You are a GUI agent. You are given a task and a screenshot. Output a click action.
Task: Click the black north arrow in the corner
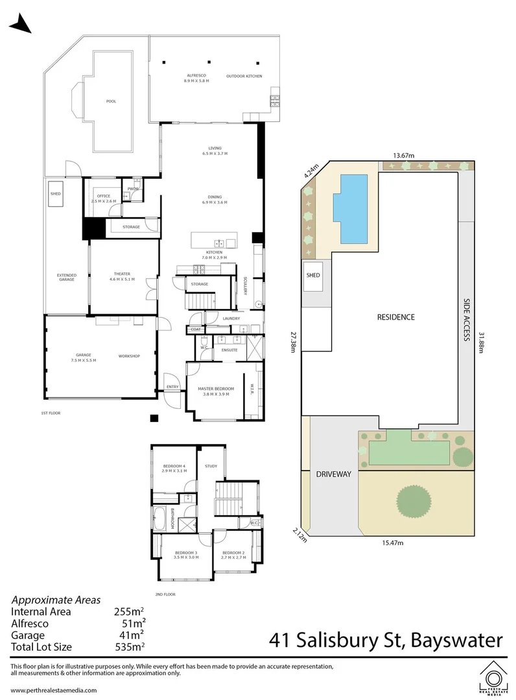pos(20,25)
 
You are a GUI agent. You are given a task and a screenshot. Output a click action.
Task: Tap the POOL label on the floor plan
pos(111,101)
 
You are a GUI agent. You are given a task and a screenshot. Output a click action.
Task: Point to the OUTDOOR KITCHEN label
pos(244,76)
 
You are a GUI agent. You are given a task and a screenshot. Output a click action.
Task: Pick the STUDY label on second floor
pos(210,465)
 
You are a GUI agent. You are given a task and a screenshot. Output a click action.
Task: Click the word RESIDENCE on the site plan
pos(395,317)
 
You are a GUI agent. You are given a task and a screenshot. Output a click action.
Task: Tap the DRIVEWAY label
pos(333,474)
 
